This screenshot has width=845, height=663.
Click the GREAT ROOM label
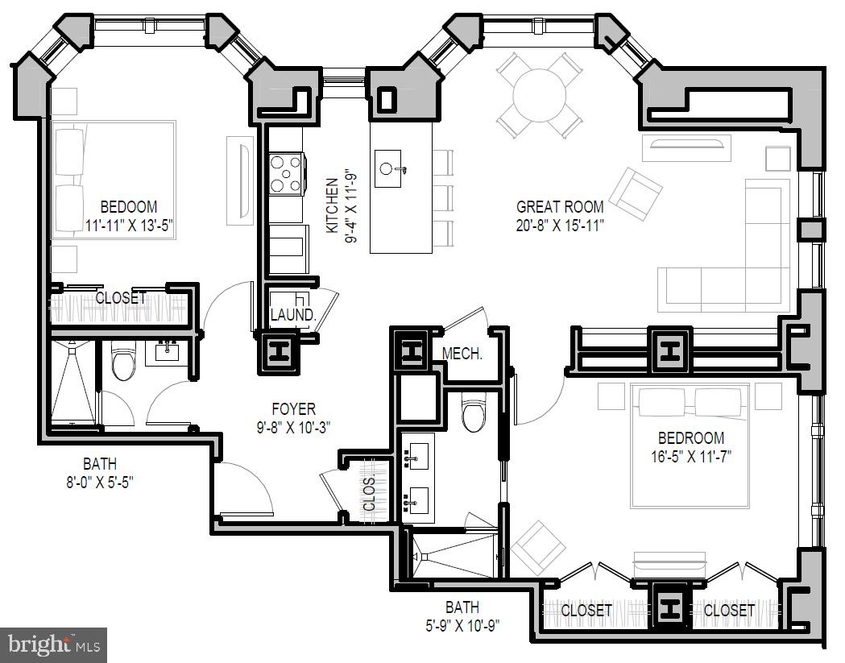[560, 207]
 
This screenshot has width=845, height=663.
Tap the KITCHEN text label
[332, 207]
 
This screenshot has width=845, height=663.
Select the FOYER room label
[294, 409]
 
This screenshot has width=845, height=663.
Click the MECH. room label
[462, 353]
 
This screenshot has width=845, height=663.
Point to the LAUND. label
[292, 315]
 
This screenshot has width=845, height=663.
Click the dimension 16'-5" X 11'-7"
[690, 457]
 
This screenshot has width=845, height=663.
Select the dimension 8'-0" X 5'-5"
[99, 483]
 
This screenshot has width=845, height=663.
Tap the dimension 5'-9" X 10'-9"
[462, 625]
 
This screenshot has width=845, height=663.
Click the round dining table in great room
[539, 93]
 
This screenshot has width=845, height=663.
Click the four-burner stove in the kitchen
[287, 173]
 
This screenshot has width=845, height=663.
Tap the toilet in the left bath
[123, 362]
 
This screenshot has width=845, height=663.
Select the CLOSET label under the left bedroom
[121, 299]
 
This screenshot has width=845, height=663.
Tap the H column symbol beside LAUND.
[279, 352]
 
